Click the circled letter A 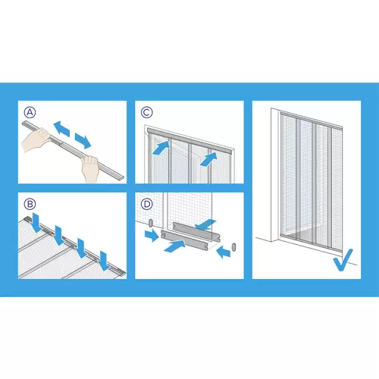pyautogui.click(x=30, y=112)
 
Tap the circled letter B pyautogui.click(x=30, y=204)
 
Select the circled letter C pyautogui.click(x=146, y=112)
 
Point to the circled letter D pyautogui.click(x=146, y=204)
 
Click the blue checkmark pyautogui.click(x=343, y=260)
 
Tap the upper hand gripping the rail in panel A pyautogui.click(x=36, y=139)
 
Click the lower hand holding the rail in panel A pyautogui.click(x=90, y=168)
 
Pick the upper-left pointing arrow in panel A pyautogui.click(x=61, y=129)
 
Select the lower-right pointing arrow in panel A pyautogui.click(x=83, y=141)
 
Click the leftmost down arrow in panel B pyautogui.click(x=36, y=223)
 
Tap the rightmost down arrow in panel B pyautogui.click(x=104, y=261)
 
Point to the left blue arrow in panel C pyautogui.click(x=161, y=148)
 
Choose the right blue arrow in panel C pyautogui.click(x=208, y=159)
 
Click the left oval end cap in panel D pyautogui.click(x=151, y=223)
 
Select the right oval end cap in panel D pyautogui.click(x=233, y=247)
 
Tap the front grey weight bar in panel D pyautogui.click(x=185, y=240)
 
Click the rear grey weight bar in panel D pyautogui.click(x=196, y=232)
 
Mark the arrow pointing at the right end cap pyautogui.click(x=224, y=252)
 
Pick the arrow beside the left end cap pyautogui.click(x=152, y=236)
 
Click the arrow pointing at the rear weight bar pyautogui.click(x=205, y=224)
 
